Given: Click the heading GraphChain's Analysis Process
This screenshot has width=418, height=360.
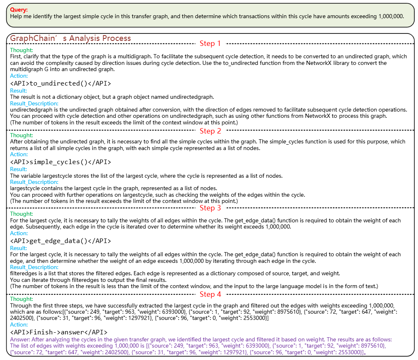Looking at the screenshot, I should point(70,38).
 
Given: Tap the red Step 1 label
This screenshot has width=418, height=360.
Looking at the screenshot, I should point(210,43).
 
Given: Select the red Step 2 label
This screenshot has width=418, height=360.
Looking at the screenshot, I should point(210,131).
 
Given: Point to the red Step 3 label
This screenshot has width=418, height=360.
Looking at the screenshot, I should point(210,208).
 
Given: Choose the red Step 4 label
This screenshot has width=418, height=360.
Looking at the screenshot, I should point(210,294).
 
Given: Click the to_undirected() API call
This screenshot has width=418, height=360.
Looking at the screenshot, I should point(60,83).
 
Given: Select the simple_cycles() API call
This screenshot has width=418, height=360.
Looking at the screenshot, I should point(60,162).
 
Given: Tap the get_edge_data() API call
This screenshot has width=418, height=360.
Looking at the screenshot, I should point(60,241).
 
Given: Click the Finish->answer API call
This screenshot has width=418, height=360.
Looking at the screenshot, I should point(59,332).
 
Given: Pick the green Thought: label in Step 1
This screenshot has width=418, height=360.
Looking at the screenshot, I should point(21,50).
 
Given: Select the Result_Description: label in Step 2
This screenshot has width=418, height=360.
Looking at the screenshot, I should point(34,182).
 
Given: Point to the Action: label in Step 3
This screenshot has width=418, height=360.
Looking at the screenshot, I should point(19,234).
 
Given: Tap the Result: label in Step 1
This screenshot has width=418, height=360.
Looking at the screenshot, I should point(19,91).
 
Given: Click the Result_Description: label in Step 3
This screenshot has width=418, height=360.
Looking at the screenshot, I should point(34,267).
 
